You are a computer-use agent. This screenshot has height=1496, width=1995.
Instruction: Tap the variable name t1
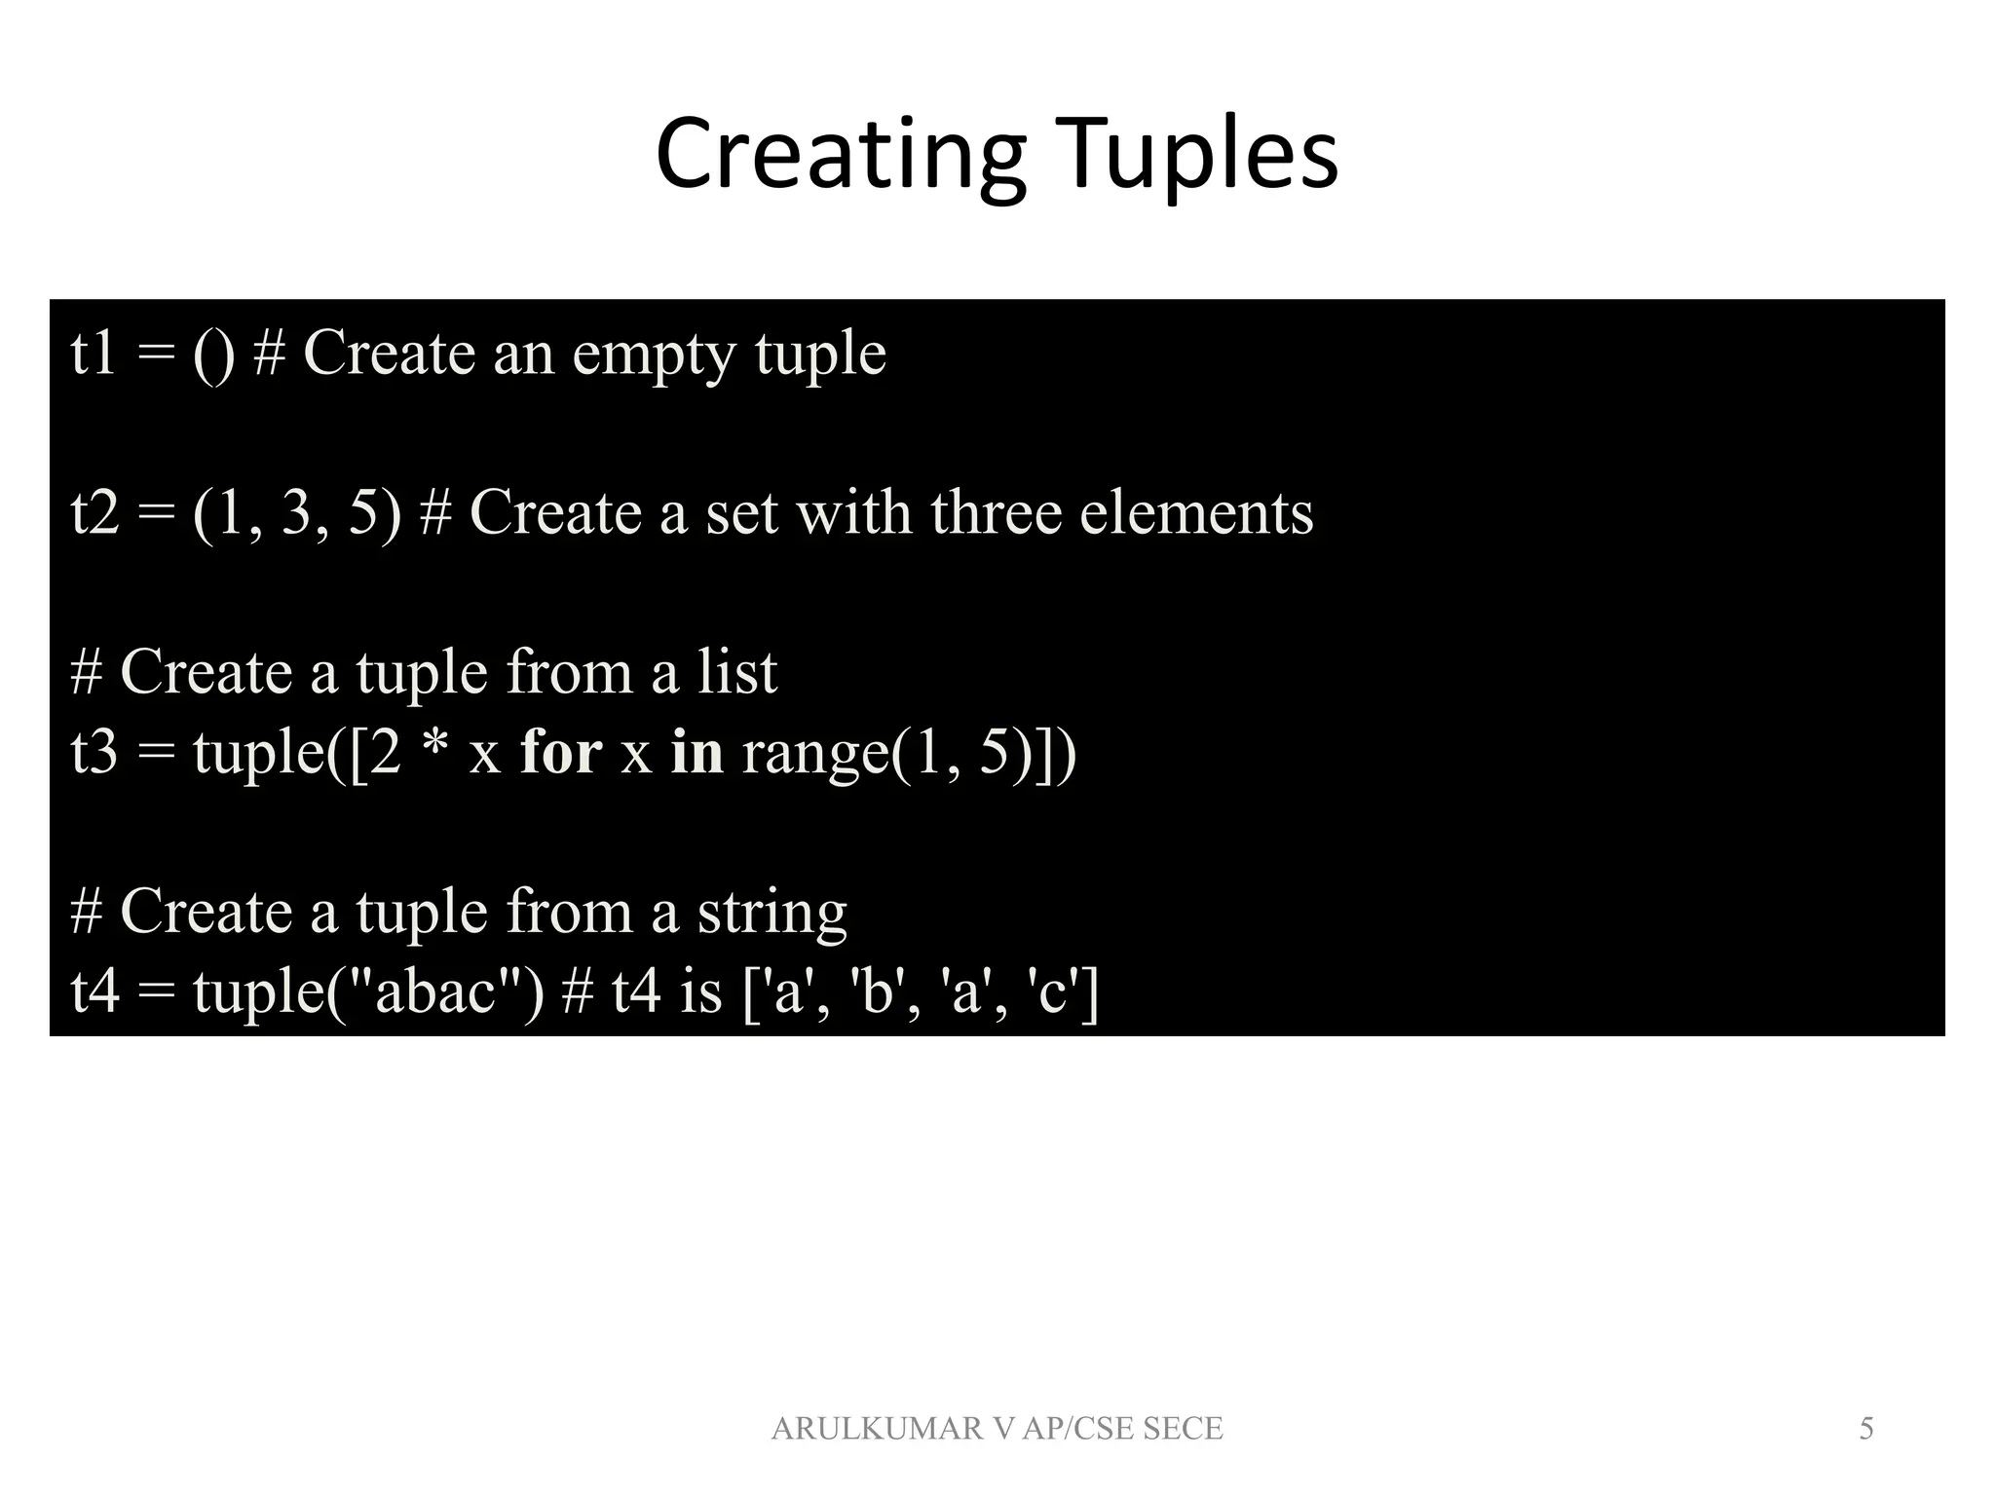94,353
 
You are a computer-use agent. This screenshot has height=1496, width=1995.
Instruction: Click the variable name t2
94,512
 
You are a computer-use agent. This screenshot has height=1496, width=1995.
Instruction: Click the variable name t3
94,752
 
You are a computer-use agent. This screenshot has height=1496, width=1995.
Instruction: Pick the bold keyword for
561,752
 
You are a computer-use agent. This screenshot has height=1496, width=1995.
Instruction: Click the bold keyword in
696,752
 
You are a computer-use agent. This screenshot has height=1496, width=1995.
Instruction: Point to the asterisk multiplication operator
434,748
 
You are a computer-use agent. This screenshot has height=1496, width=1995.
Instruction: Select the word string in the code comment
772,914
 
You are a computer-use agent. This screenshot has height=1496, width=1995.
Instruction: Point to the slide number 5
1866,1429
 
